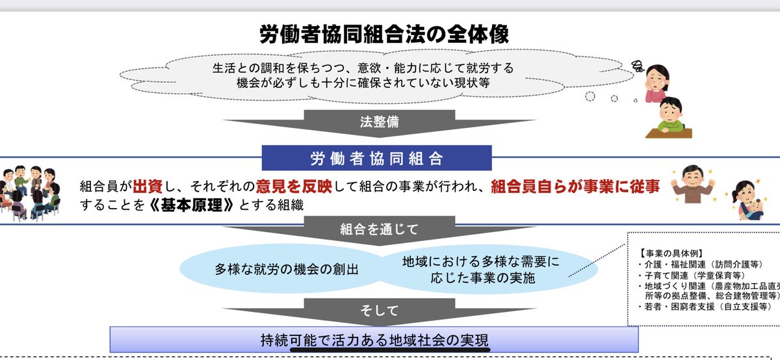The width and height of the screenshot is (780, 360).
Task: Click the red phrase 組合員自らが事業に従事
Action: tap(575, 186)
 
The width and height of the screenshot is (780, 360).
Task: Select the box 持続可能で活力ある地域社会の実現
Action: tap(374, 340)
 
